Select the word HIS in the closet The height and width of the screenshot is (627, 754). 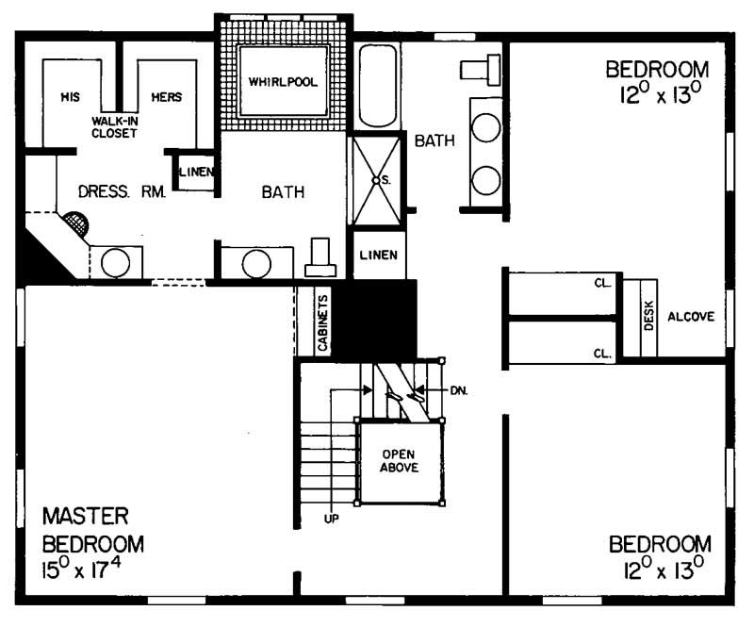[x=68, y=97]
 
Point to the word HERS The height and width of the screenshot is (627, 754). [x=166, y=97]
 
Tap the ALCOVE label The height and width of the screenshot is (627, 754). [x=697, y=318]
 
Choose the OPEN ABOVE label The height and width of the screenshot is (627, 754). [x=400, y=460]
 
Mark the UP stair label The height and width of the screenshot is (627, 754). [x=330, y=518]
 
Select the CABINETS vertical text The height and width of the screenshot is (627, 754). [x=322, y=323]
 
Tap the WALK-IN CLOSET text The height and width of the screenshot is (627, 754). [x=115, y=127]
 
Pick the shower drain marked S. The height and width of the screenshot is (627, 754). [x=375, y=179]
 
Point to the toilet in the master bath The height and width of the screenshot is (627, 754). [x=320, y=256]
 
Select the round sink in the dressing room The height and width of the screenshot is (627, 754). [x=115, y=263]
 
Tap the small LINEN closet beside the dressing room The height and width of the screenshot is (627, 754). [x=196, y=173]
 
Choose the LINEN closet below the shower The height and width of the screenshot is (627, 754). [x=380, y=256]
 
